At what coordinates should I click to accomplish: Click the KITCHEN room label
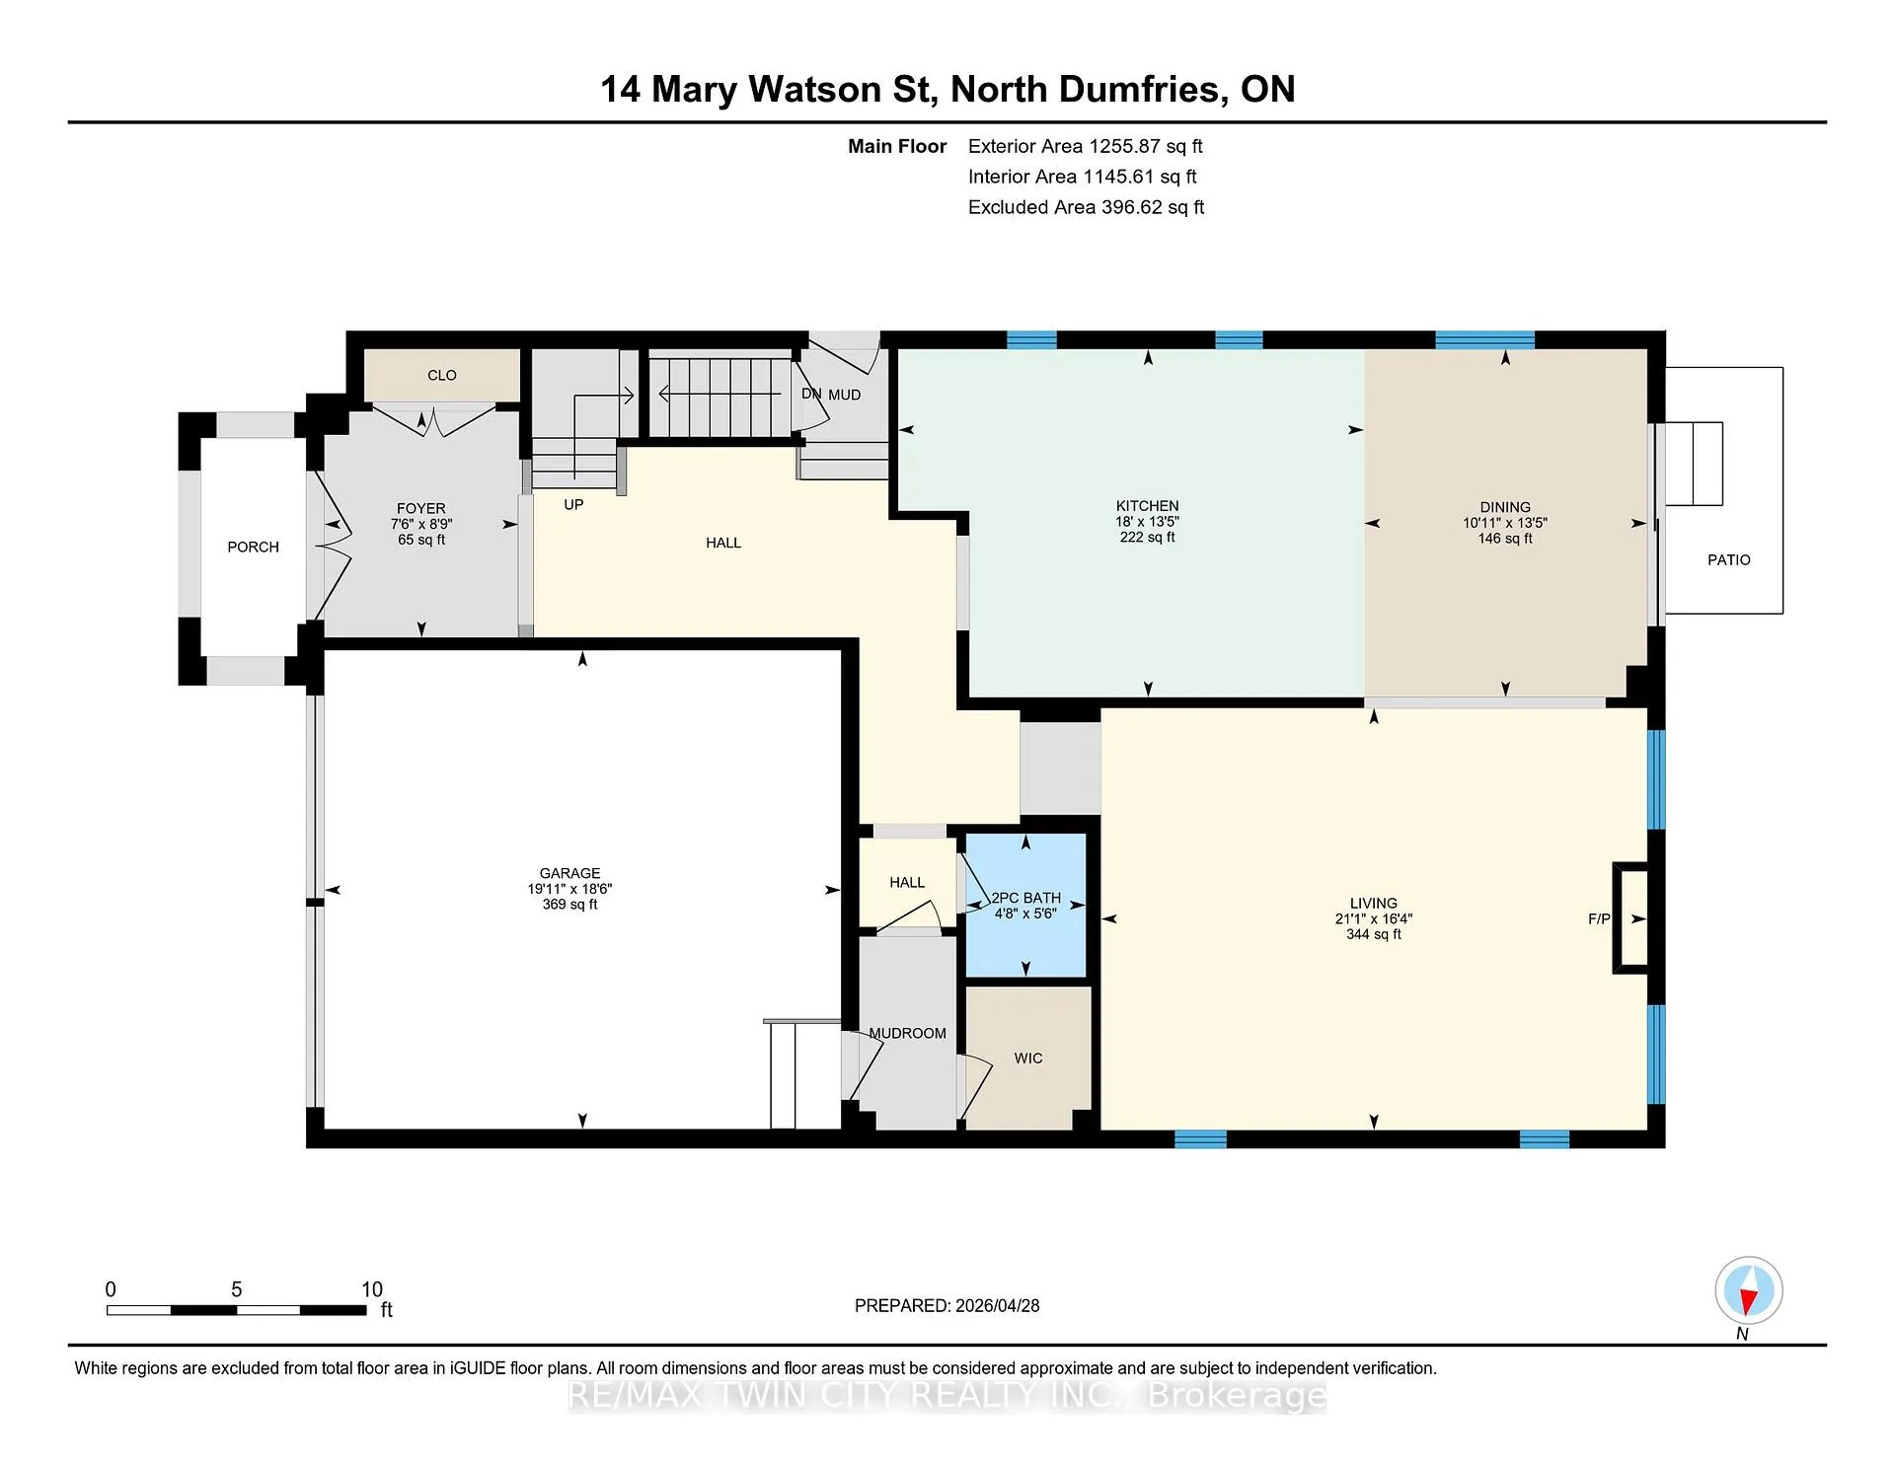click(1147, 506)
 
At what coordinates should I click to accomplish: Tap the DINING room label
click(1504, 507)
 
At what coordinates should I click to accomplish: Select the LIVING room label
click(1373, 903)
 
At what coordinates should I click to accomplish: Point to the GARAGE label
click(569, 873)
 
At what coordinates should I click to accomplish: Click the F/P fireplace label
click(1599, 918)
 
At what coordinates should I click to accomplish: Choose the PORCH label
click(253, 547)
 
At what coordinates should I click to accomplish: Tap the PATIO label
click(1728, 559)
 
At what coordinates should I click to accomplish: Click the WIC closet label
click(1027, 1058)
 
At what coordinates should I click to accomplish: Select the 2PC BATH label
click(1026, 898)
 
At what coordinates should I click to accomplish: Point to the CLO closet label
click(441, 375)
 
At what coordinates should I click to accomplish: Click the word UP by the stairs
click(573, 504)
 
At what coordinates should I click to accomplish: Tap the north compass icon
click(1748, 1290)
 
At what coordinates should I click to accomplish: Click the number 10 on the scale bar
click(371, 1289)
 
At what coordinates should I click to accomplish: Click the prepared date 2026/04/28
click(997, 1305)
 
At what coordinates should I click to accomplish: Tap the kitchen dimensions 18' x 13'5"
click(1147, 522)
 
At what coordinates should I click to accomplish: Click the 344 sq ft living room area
click(1373, 934)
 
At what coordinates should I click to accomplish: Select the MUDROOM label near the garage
click(907, 1033)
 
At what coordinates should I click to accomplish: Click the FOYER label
click(421, 509)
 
